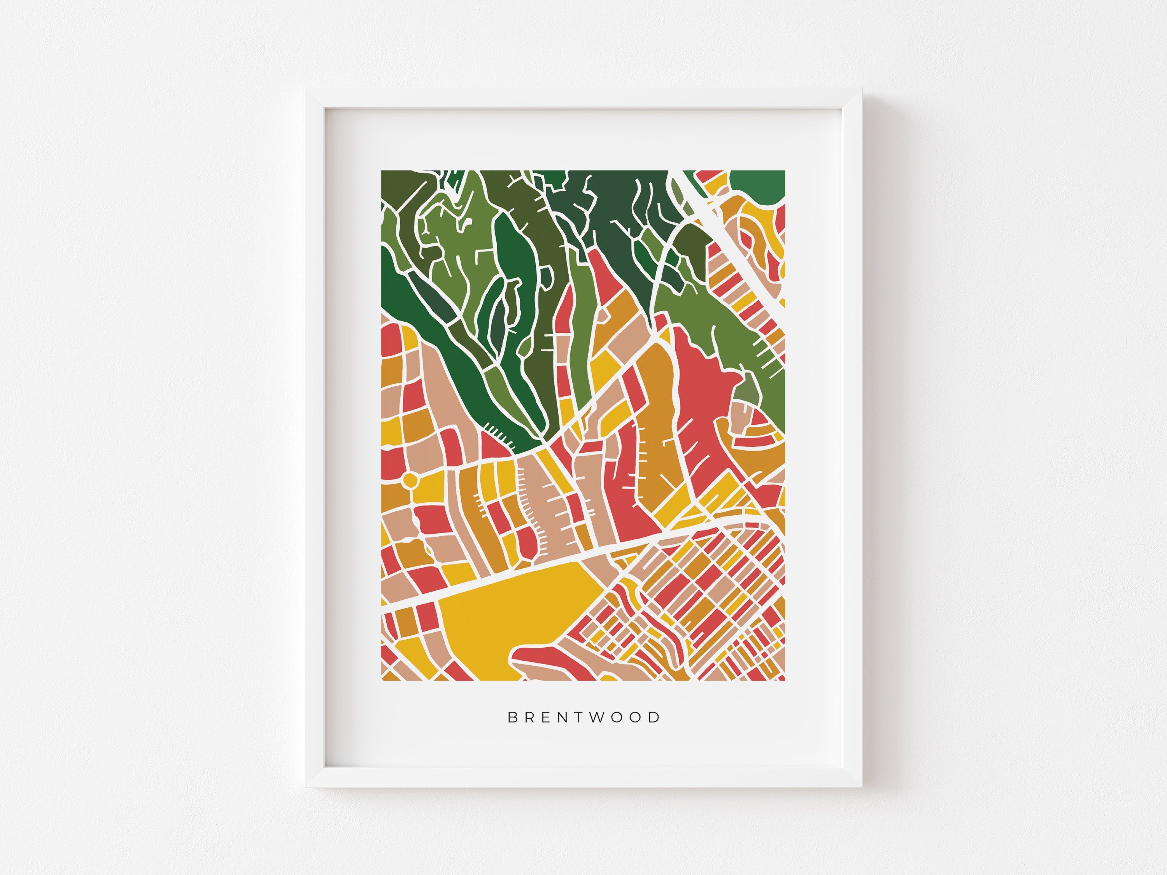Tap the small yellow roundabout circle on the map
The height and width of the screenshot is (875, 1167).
coord(409,480)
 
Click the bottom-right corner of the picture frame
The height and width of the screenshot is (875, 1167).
coord(862,787)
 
